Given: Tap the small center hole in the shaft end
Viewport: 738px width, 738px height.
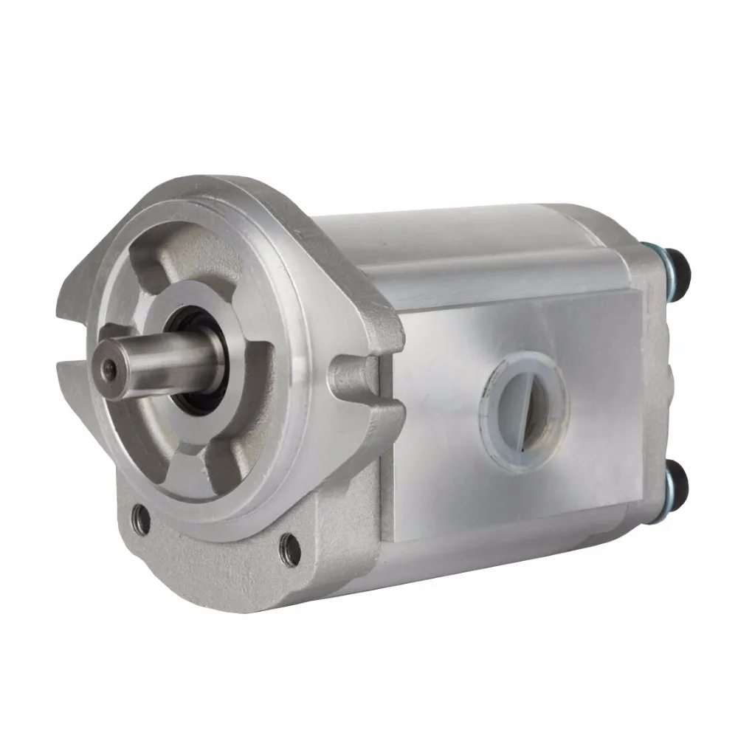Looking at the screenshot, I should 109,368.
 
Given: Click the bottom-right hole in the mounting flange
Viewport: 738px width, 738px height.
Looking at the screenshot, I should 291,550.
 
